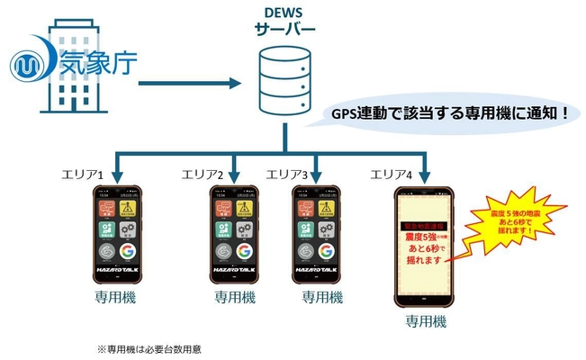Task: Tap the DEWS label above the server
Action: tap(284, 13)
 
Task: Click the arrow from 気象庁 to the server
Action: tap(189, 85)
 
